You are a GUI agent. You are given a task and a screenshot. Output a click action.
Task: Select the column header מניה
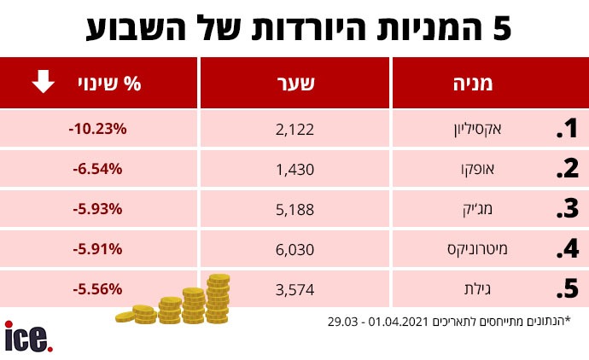(x=475, y=84)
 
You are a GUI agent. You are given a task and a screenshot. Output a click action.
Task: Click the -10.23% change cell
(x=97, y=129)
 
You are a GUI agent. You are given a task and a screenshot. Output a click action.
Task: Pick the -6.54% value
(x=99, y=169)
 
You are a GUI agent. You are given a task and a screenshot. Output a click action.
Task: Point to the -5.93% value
(x=99, y=209)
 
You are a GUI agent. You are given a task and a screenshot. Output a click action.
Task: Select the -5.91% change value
(x=99, y=249)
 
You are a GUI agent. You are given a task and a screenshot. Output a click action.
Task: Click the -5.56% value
(x=99, y=288)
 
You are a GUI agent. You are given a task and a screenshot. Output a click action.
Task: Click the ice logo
(x=28, y=337)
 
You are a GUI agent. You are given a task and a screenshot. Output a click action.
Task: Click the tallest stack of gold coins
(x=218, y=299)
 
